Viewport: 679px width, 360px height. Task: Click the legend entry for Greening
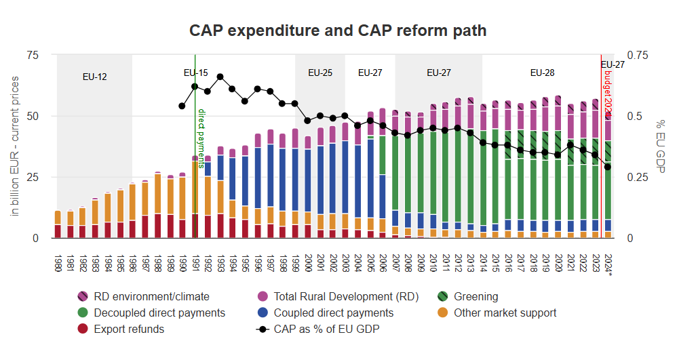(x=476, y=296)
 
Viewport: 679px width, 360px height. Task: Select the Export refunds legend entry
(x=129, y=329)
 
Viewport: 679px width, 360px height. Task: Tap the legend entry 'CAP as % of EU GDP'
(x=326, y=329)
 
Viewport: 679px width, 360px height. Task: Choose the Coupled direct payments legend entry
(x=333, y=313)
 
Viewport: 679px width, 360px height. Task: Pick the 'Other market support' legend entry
(x=505, y=313)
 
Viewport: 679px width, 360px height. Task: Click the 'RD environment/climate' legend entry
(x=151, y=296)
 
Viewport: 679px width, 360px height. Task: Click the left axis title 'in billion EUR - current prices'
(x=15, y=146)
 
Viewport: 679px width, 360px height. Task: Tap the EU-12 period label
(x=94, y=77)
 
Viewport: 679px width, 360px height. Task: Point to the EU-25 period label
(x=320, y=73)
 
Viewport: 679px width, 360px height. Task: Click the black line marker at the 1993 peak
(x=220, y=77)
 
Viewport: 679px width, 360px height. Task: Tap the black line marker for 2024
(x=608, y=167)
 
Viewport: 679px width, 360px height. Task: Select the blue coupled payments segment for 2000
(x=308, y=180)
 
